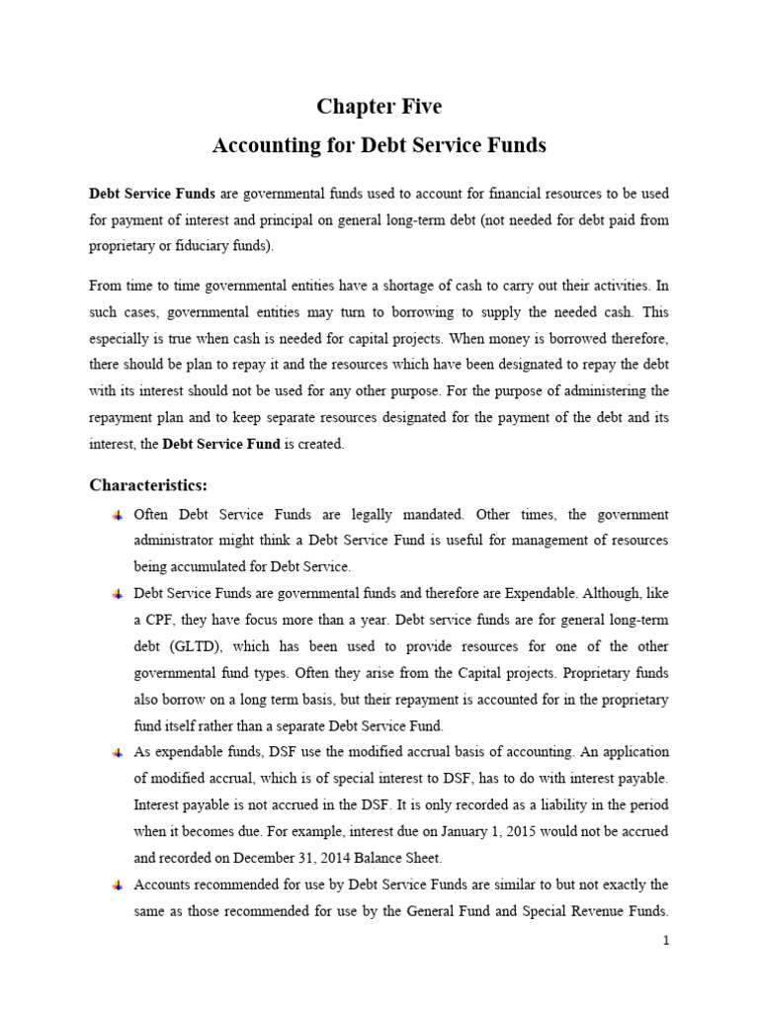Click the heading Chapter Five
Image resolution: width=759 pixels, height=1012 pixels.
tap(379, 107)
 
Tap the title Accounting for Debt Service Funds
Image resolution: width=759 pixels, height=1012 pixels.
tap(379, 145)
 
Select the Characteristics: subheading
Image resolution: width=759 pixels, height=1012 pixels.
tap(149, 484)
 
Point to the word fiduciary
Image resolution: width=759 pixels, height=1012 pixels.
tap(172, 245)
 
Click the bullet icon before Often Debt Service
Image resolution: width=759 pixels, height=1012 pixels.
tap(117, 515)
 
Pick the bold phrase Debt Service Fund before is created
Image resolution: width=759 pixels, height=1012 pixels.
tap(221, 445)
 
